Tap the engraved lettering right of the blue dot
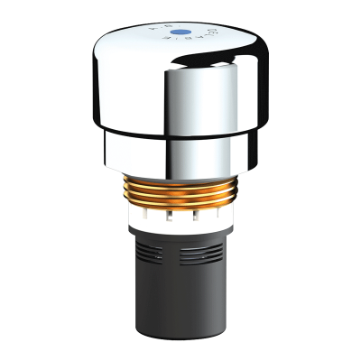tap(209, 37)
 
